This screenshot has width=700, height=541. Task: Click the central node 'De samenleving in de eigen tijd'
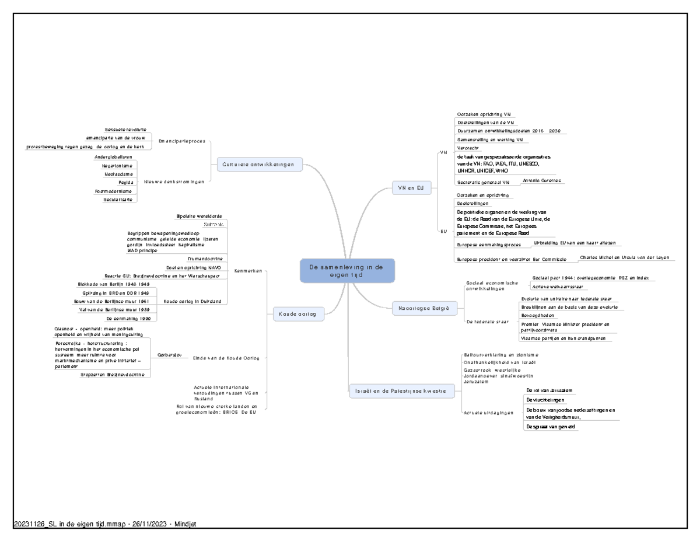[347, 271]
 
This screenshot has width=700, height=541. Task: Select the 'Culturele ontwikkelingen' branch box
[259, 165]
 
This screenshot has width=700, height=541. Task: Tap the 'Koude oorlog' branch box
[297, 314]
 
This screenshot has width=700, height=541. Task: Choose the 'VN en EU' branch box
[411, 187]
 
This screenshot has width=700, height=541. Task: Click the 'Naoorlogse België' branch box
[423, 308]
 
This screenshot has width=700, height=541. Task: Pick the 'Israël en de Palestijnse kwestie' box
[401, 390]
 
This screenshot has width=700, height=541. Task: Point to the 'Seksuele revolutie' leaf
[125, 129]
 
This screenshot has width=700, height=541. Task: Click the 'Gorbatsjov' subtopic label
[170, 355]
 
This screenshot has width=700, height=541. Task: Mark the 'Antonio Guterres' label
[542, 180]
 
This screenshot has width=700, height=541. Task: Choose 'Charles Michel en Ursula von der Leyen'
[625, 257]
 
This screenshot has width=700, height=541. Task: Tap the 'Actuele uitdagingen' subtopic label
[489, 412]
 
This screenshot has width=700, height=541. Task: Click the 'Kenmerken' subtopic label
[247, 270]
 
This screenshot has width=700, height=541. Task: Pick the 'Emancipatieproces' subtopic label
[182, 141]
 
